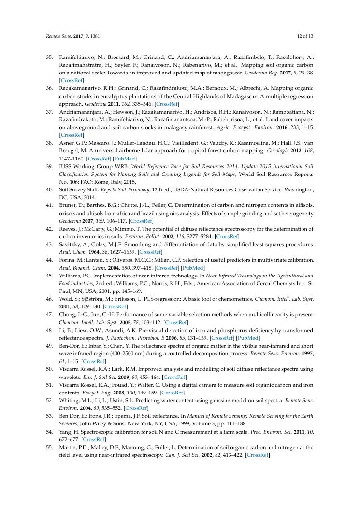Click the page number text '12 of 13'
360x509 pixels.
(x=305, y=36)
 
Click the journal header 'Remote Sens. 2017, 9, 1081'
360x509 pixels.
(x=68, y=36)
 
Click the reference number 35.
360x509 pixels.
(x=49, y=57)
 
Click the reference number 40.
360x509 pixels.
(x=49, y=189)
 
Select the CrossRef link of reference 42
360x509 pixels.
(x=227, y=237)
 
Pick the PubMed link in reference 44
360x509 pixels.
(x=193, y=267)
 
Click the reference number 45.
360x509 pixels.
(x=49, y=276)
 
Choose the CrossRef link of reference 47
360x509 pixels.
(x=176, y=322)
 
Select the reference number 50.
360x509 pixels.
(x=49, y=369)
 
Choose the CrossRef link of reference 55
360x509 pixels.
(x=258, y=455)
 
